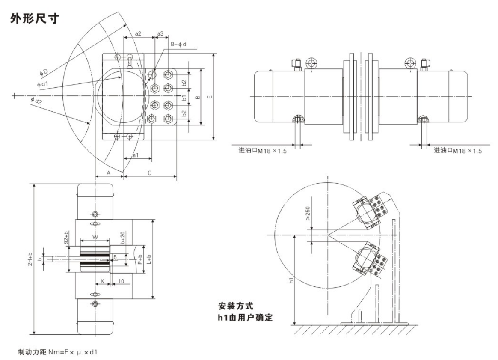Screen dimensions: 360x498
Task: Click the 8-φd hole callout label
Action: [178, 45]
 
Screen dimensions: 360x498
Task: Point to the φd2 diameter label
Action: [36, 101]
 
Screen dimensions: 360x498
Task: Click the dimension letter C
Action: [149, 173]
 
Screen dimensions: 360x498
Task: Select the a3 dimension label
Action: [160, 33]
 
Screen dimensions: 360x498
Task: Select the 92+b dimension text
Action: [66, 238]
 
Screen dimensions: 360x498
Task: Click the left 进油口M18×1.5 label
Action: [262, 151]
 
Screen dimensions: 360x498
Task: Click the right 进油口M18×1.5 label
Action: [457, 151]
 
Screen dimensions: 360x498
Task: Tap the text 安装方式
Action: [236, 307]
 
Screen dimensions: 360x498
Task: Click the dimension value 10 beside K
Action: [121, 281]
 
